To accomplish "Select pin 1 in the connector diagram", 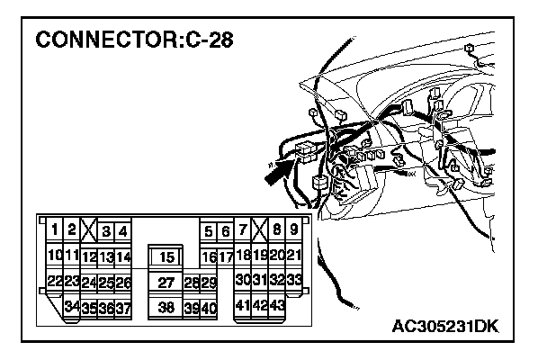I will [x=56, y=230].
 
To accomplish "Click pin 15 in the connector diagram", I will [x=166, y=257].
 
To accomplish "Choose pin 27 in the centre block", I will [x=166, y=283].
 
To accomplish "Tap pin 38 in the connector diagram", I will [x=166, y=307].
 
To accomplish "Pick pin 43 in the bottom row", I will [x=277, y=306].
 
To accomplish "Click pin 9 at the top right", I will [x=293, y=230].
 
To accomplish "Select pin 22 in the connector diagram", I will [x=54, y=282].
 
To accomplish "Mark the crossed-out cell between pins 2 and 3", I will [x=88, y=230].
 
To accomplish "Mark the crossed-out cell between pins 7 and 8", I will [x=259, y=229].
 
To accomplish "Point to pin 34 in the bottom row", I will [x=72, y=307].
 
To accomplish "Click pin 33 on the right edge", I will [x=293, y=281].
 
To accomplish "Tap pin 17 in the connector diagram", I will [x=226, y=257].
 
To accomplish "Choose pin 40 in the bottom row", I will [x=209, y=307].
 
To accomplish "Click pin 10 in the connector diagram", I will [x=54, y=256].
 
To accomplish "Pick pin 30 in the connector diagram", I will [x=242, y=281].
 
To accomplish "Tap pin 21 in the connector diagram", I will [x=293, y=256].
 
